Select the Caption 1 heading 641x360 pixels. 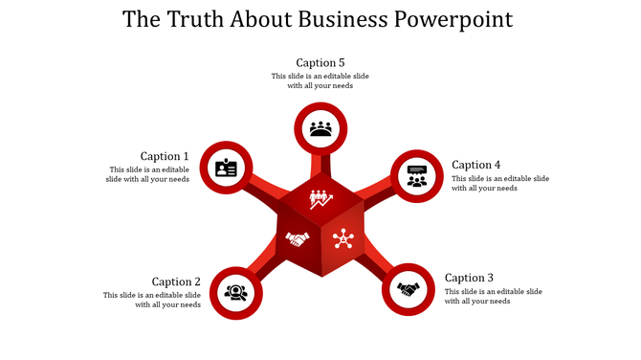[165, 156]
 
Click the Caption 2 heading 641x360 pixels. [176, 281]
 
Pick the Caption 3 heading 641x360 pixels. [470, 278]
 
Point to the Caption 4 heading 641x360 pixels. [476, 165]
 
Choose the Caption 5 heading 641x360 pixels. [320, 63]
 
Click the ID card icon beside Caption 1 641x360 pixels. [226, 168]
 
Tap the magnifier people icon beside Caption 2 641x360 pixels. [235, 291]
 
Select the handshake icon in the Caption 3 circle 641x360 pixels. [409, 288]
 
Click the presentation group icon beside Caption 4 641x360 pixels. [417, 176]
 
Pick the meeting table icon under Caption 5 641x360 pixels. [320, 128]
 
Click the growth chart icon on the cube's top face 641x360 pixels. [320, 199]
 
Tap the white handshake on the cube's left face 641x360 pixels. [298, 239]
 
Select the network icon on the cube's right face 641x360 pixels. [343, 239]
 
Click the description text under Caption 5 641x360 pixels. [320, 80]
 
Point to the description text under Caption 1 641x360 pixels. [148, 174]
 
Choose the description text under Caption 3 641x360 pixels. [493, 296]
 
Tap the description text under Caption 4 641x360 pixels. [499, 183]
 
